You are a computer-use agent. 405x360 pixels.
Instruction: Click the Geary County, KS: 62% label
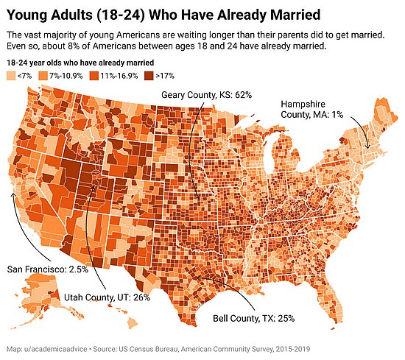click(206, 95)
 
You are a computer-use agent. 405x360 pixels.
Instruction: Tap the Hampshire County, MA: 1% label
click(311, 109)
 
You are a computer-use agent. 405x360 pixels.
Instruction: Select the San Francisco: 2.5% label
click(48, 269)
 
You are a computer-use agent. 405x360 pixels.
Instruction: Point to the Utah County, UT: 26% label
click(107, 297)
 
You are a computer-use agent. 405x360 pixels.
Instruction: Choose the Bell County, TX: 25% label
click(253, 318)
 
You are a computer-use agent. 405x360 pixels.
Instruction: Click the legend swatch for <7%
click(11, 76)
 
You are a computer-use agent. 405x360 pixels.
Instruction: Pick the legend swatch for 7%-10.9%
click(43, 76)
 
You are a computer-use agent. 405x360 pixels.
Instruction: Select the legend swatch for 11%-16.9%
click(94, 76)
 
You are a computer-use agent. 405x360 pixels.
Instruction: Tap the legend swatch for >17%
click(149, 76)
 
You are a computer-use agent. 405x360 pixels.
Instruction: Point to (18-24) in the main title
click(121, 15)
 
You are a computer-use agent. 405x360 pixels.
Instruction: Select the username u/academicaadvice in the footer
click(55, 349)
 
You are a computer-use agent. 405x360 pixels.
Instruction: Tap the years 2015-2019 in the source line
click(292, 349)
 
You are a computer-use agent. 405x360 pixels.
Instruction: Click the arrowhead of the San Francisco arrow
click(12, 194)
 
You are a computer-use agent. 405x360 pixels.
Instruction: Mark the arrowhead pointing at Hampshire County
click(368, 147)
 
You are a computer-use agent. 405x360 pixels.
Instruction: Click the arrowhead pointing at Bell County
click(197, 278)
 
